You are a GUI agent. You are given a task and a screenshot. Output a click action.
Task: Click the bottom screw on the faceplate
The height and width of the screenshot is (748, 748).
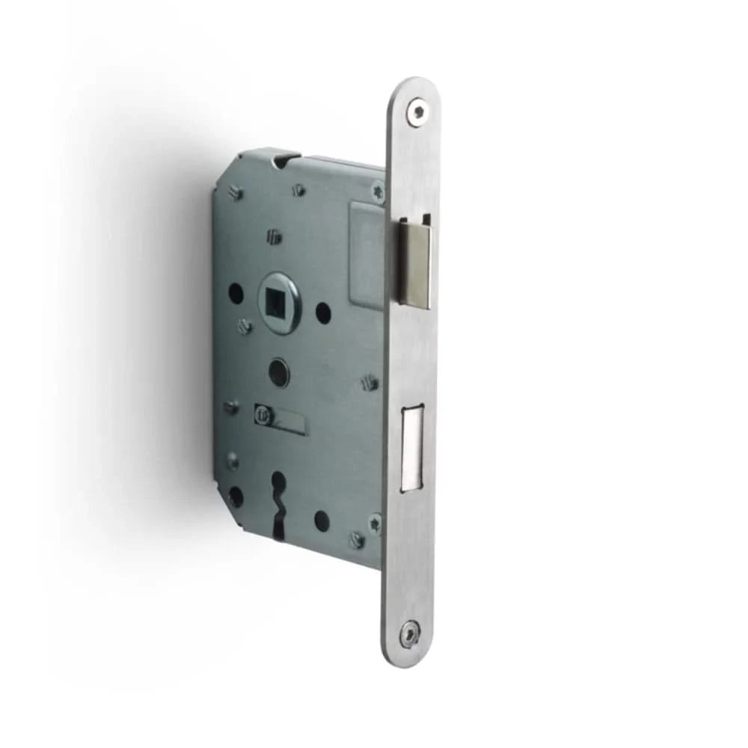pyautogui.click(x=411, y=632)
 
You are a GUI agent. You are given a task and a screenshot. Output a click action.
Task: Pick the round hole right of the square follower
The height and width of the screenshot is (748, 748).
pyautogui.click(x=323, y=311)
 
